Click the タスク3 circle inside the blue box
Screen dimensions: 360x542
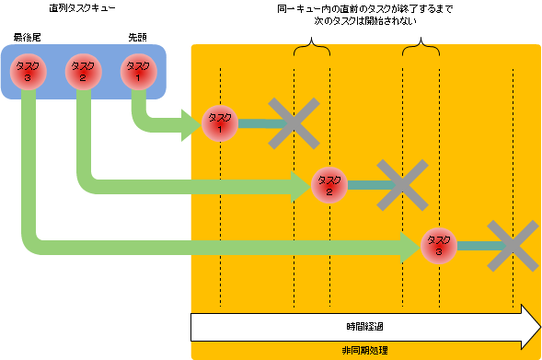(x=27, y=71)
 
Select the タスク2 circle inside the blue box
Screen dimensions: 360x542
(x=83, y=71)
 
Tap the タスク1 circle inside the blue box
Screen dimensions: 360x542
(x=137, y=71)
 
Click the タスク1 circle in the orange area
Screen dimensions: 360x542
(x=221, y=122)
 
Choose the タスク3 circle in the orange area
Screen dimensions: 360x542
(x=439, y=246)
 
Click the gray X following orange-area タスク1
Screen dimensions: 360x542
(x=294, y=122)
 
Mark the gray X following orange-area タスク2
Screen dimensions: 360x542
(x=403, y=184)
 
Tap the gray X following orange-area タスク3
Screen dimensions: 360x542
(x=513, y=246)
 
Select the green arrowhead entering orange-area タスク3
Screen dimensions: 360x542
(x=409, y=247)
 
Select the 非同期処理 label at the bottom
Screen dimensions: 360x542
(x=363, y=351)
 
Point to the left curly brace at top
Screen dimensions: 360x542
(x=311, y=49)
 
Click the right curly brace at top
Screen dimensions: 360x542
(x=421, y=49)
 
